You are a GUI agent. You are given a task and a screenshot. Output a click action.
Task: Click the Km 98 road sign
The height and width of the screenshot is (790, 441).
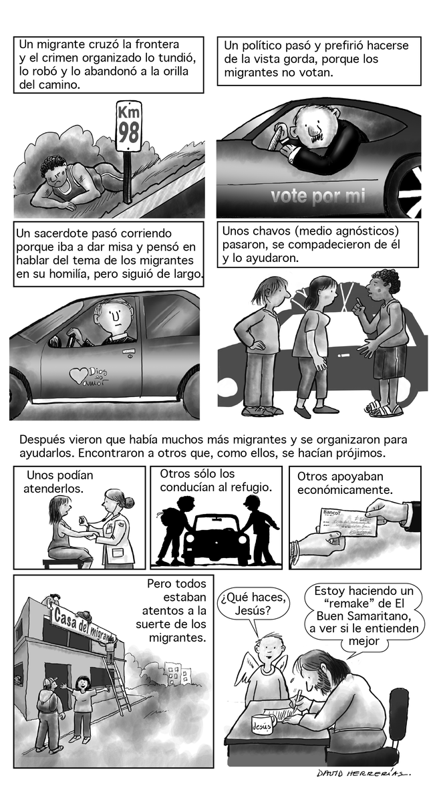[x=128, y=125]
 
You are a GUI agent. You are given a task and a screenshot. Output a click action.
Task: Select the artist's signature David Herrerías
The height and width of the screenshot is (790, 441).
[x=363, y=773]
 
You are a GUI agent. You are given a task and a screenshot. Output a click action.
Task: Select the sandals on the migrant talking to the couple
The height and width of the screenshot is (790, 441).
[x=384, y=408]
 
